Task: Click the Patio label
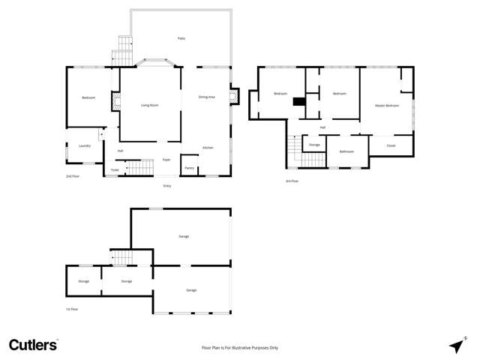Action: [x=181, y=38]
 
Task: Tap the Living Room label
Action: [x=150, y=105]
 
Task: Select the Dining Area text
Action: [x=206, y=97]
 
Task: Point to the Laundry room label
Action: [x=84, y=145]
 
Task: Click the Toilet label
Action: [x=114, y=170]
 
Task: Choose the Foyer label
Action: [x=166, y=160]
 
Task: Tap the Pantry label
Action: [x=190, y=168]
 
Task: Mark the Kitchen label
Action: [x=208, y=148]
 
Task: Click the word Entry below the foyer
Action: [x=166, y=185]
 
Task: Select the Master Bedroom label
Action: [x=386, y=106]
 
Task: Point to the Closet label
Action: [x=391, y=145]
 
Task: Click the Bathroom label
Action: [x=346, y=151]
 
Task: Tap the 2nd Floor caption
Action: [x=73, y=176]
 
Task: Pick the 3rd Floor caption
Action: [x=292, y=181]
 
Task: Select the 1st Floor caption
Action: [x=72, y=308]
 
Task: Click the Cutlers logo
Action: [x=33, y=345]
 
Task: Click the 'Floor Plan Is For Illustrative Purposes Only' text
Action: [x=240, y=348]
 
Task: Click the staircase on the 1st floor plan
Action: [x=121, y=257]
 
